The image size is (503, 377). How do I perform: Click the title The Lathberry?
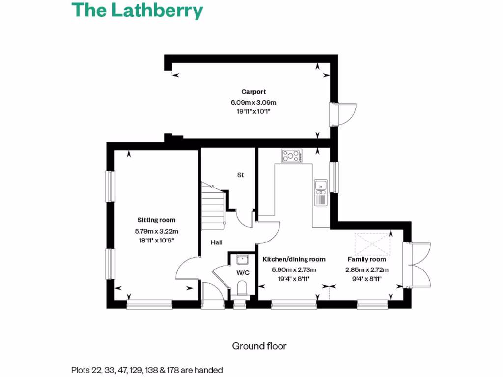tap(138, 10)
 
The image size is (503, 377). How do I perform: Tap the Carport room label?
tap(253, 92)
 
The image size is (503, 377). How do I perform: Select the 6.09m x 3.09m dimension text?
tap(253, 103)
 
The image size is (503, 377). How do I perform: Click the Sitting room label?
tap(156, 220)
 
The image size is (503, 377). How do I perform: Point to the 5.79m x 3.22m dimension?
tap(156, 231)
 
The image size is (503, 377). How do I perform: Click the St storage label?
tap(240, 175)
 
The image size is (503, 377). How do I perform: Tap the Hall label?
tap(217, 242)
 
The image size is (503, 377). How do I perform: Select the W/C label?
tap(242, 272)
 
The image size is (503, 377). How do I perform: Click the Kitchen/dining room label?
tap(294, 259)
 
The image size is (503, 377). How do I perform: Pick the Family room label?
tap(367, 259)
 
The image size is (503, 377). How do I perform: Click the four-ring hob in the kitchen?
tap(291, 157)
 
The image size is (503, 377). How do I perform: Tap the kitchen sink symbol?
tap(321, 192)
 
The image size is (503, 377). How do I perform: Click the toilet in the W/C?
tap(241, 287)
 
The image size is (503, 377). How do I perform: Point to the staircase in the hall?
tap(213, 206)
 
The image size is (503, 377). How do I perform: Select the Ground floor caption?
tap(259, 346)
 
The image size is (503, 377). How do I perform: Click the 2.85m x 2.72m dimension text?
tap(367, 269)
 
